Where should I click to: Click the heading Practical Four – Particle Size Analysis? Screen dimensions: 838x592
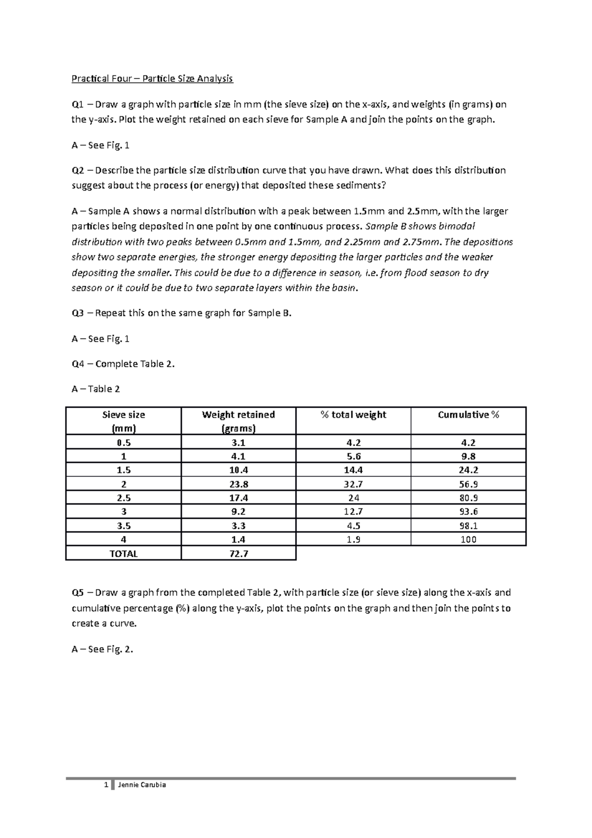[x=152, y=78]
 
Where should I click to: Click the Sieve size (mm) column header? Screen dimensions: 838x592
[x=123, y=421]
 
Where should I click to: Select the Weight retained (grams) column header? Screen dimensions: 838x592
[x=238, y=421]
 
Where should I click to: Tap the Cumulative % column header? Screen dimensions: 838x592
[x=468, y=415]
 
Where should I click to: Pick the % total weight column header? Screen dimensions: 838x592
[x=353, y=415]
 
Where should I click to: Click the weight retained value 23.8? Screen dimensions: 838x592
[x=238, y=484]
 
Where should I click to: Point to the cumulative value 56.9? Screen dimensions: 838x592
[x=468, y=484]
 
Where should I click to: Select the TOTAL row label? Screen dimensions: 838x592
[x=123, y=554]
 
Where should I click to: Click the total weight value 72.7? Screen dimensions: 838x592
[x=238, y=554]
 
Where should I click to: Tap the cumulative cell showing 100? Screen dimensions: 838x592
[x=468, y=539]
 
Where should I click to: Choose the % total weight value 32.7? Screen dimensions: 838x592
[x=353, y=484]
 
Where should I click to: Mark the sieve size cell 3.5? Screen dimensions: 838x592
[x=123, y=526]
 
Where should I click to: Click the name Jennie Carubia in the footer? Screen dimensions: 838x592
[x=141, y=785]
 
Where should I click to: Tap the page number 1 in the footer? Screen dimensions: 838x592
[x=106, y=785]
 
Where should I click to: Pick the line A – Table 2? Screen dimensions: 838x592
[x=96, y=389]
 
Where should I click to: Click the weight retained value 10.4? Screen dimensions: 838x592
[x=238, y=470]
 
